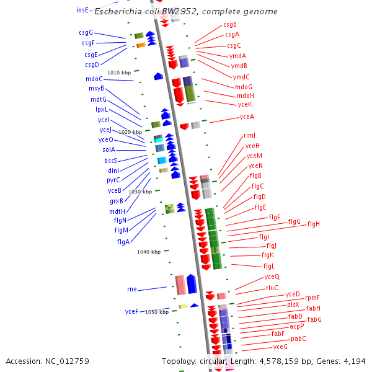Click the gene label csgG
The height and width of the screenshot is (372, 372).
coord(86,32)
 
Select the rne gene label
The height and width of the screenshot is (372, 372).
coord(131,289)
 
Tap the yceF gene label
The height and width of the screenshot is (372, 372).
coord(131,311)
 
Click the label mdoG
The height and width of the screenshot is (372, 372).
coord(244,87)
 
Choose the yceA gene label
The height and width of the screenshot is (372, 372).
coord(246,117)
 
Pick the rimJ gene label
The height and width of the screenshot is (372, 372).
coord(249,135)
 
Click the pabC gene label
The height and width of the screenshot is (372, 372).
coord(298,339)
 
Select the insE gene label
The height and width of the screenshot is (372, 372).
coord(82,10)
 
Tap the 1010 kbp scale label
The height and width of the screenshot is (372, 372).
coord(118,73)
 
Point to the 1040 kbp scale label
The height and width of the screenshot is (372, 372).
coord(149,252)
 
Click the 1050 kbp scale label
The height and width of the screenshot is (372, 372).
coord(157,312)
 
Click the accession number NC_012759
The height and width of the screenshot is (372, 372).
coord(47,361)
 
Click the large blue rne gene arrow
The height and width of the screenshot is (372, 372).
coord(192,284)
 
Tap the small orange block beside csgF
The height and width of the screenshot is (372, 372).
coord(141,45)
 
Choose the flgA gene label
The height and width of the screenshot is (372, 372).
coord(123,242)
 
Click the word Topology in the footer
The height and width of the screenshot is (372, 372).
coord(178,361)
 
